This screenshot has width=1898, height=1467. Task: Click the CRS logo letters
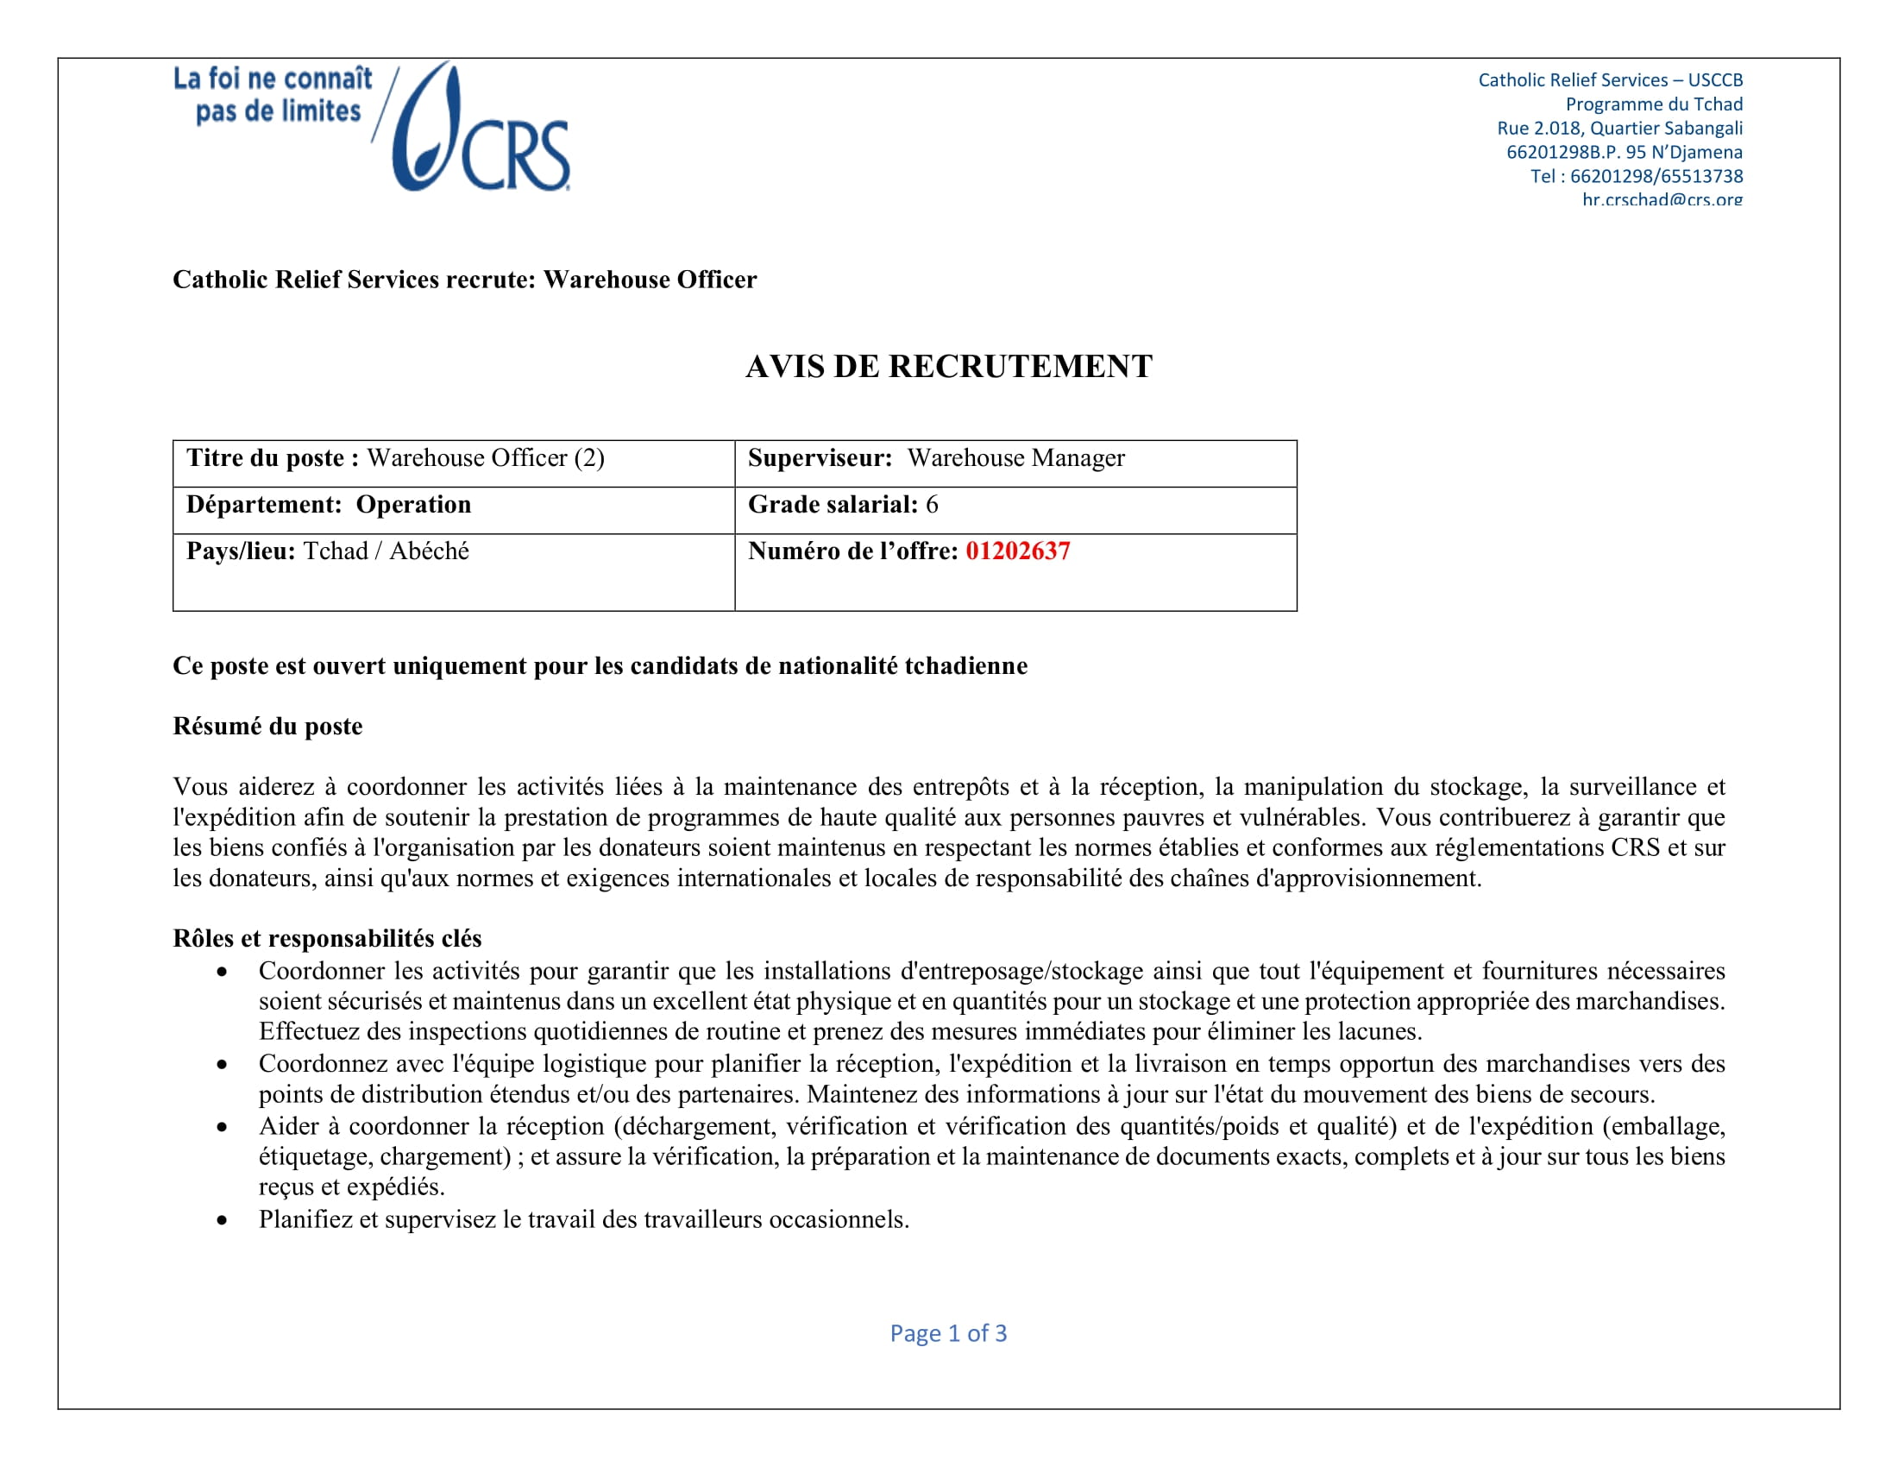pos(514,154)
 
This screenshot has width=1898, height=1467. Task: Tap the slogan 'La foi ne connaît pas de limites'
pos(273,95)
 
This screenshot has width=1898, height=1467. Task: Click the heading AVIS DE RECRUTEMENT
pos(948,367)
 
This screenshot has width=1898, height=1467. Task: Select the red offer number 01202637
pos(1018,551)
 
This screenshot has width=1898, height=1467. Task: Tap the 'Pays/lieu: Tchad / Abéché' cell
pos(454,571)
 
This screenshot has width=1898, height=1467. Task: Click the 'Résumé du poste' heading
pos(267,726)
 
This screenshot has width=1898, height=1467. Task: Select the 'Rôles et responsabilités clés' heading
pos(327,938)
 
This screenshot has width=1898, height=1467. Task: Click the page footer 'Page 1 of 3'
pos(948,1333)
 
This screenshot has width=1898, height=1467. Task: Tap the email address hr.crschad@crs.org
pos(1662,199)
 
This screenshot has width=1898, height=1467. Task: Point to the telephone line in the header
pos(1636,176)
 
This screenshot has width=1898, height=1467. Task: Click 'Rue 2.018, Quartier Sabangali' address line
pos(1619,128)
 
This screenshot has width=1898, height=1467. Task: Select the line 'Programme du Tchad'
pos(1654,104)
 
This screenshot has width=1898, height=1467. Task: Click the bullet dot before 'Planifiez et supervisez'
pos(223,1220)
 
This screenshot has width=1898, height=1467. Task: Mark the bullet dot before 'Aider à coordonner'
pos(223,1127)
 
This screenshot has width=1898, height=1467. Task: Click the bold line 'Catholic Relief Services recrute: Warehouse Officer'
pos(464,279)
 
